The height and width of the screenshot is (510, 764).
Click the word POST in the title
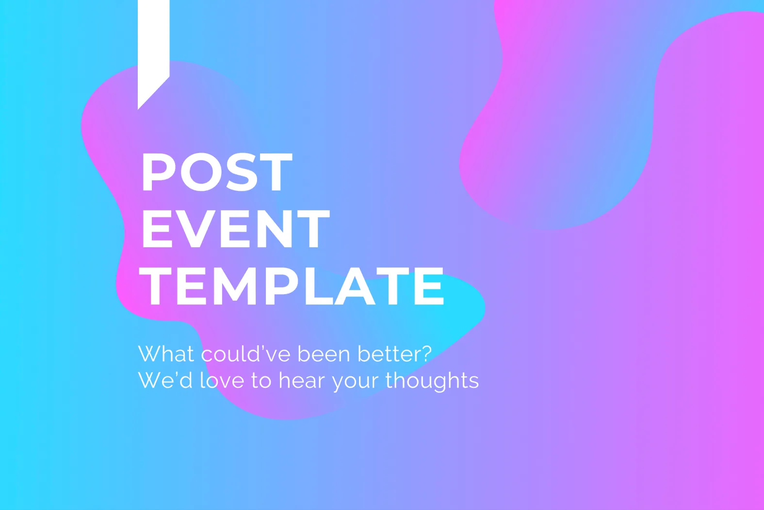click(x=217, y=172)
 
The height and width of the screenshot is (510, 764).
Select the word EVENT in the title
click(x=236, y=229)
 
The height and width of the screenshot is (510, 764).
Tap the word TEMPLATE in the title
click(x=293, y=286)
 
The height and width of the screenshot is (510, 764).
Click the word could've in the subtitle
click(x=245, y=354)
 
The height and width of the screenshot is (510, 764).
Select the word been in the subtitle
click(x=324, y=354)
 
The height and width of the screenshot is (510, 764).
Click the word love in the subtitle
click(x=222, y=380)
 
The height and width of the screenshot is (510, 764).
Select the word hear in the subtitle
click(x=302, y=380)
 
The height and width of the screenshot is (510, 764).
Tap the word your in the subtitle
click(x=355, y=382)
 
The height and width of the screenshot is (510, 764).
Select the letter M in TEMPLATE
click(x=235, y=286)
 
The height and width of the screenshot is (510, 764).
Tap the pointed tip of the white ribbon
click(x=138, y=109)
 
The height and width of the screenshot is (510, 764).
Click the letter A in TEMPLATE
click(x=355, y=286)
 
